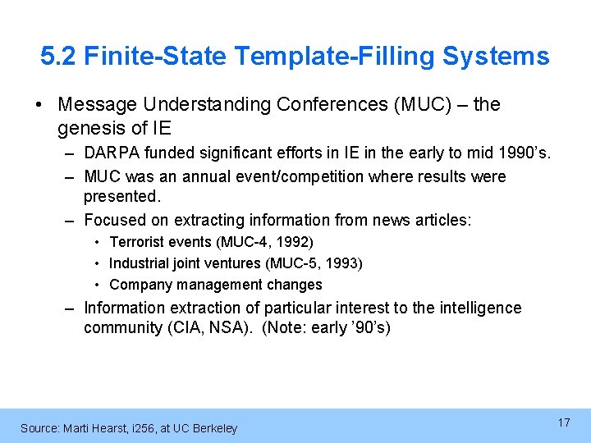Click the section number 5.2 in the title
pyautogui.click(x=58, y=57)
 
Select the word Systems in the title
pyautogui.click(x=496, y=57)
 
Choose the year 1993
pyautogui.click(x=345, y=263)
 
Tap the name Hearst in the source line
pyautogui.click(x=97, y=428)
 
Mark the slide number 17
pyautogui.click(x=564, y=422)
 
